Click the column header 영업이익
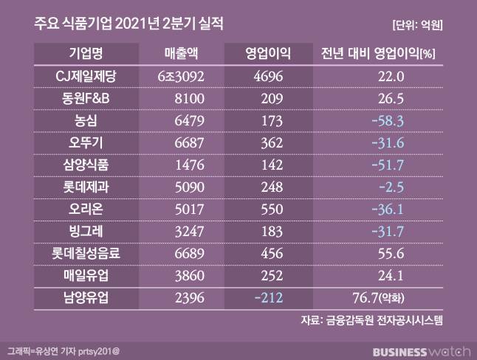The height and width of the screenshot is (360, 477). click(268, 55)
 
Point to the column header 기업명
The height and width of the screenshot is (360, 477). click(86, 55)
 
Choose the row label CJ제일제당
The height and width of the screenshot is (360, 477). click(86, 76)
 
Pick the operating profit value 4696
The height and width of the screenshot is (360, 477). click(268, 76)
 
